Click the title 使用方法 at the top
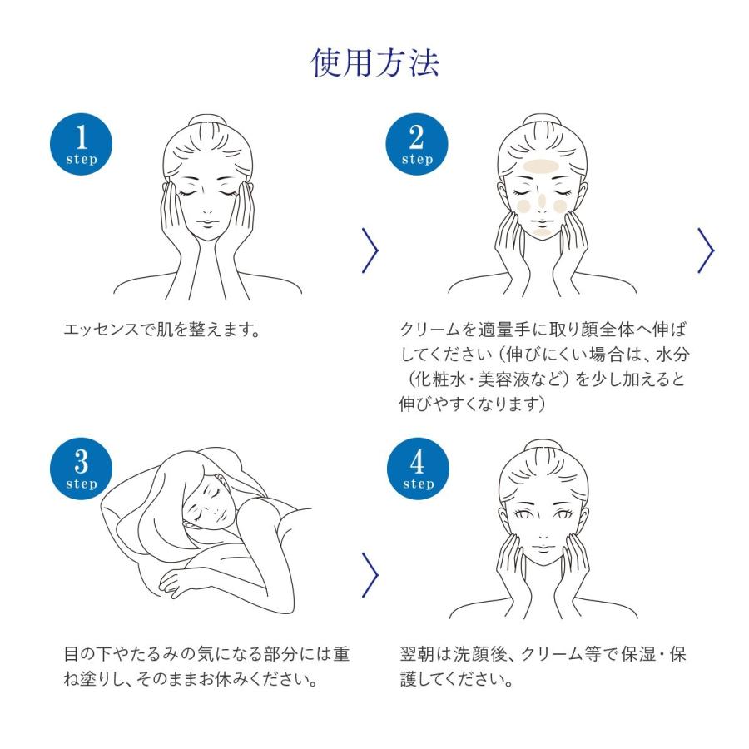[x=374, y=62]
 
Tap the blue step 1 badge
[x=82, y=144]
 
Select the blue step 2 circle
[x=416, y=144]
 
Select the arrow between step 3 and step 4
[x=371, y=574]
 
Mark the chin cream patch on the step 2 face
[x=541, y=234]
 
